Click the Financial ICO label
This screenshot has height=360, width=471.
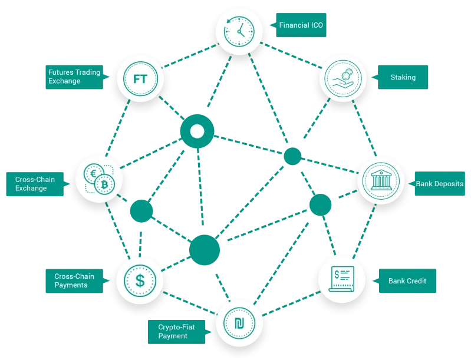[301, 25]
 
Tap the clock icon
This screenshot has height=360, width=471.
[239, 32]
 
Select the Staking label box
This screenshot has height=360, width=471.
[403, 77]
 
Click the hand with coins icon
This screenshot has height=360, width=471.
[343, 78]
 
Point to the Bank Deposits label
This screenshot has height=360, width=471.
[439, 184]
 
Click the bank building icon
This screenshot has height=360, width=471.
[381, 181]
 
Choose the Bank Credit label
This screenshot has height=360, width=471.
[407, 280]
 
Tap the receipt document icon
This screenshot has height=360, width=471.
[342, 279]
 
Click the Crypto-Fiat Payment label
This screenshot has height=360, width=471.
[177, 332]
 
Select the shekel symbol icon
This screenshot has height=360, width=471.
[239, 323]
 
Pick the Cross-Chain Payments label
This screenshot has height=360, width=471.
[74, 280]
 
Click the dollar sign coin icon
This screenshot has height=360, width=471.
[140, 280]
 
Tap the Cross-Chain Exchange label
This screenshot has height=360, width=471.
[35, 184]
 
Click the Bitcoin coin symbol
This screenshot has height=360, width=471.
[104, 184]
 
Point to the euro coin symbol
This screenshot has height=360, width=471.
[94, 174]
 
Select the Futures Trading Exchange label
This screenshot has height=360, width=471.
[74, 77]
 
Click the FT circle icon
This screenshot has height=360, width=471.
[140, 79]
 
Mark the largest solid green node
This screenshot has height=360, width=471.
[205, 250]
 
